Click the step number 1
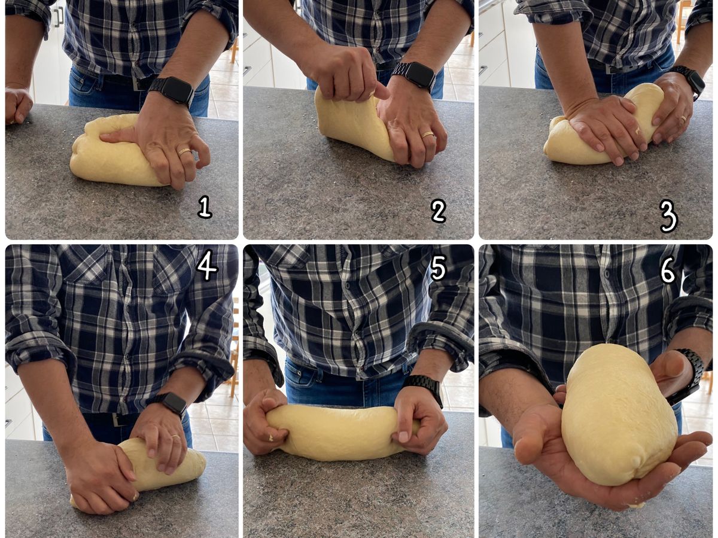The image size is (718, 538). (205, 207)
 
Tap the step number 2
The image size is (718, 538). (439, 211)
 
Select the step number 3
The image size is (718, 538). (668, 216)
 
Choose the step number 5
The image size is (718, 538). (438, 268)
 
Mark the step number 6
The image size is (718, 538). (668, 270)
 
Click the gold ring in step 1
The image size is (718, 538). (184, 151)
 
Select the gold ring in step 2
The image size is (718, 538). (428, 135)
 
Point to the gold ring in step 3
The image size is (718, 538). (684, 119)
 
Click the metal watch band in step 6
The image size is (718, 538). (691, 376)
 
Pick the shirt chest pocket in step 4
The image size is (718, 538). (86, 265)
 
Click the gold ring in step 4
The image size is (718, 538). (175, 437)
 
